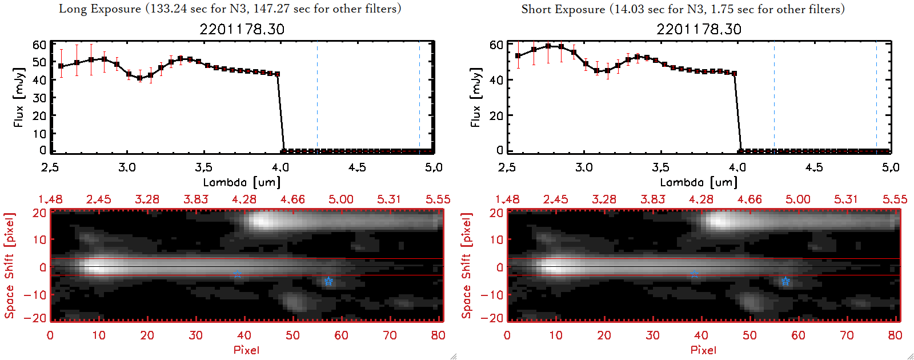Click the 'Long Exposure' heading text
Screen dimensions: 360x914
point(100,9)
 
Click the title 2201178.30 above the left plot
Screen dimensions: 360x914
point(242,29)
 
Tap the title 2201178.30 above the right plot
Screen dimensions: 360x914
point(699,29)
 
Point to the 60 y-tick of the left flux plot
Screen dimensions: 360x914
point(39,45)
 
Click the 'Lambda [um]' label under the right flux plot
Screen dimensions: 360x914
point(699,182)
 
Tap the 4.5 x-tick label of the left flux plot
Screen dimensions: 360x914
point(357,167)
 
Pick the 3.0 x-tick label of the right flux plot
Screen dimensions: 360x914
point(584,167)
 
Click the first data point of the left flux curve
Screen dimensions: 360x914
point(61,66)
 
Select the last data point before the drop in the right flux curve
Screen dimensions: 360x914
point(734,73)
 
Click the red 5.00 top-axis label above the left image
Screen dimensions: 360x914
point(341,199)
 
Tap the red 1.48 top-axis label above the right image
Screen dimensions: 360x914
point(507,199)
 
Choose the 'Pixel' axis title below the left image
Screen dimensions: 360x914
point(246,350)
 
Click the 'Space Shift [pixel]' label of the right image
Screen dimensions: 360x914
point(467,266)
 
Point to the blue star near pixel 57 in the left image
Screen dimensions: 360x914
point(328,281)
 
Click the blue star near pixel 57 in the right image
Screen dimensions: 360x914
point(785,281)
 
